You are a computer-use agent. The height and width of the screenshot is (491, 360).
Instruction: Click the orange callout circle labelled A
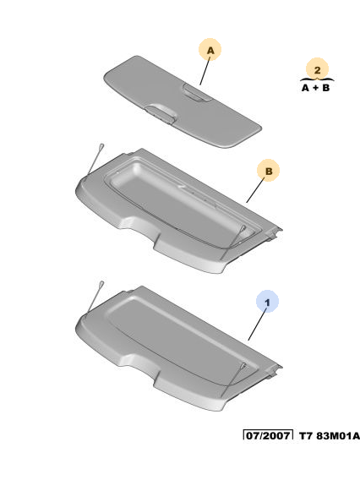coord(210,50)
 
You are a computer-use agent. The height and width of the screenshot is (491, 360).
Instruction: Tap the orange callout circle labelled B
coord(268,171)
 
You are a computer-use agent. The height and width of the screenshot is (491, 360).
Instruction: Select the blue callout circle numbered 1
coord(267,302)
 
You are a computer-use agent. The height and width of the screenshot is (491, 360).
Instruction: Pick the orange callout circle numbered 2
coord(317,69)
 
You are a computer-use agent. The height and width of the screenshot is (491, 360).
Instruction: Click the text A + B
coord(315,88)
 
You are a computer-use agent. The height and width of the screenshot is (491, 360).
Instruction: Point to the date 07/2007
coord(268,435)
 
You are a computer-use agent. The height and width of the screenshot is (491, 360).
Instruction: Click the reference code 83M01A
coord(338,435)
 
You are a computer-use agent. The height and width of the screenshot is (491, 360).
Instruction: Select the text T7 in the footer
coord(306,435)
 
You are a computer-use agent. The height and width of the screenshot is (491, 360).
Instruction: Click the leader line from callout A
coord(205,70)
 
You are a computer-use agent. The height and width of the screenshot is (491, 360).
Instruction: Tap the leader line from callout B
coord(255,190)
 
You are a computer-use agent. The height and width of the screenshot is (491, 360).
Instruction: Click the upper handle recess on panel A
coord(197,93)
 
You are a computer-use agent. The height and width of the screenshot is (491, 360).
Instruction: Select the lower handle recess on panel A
coord(161,113)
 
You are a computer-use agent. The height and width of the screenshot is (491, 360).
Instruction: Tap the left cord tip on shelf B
coord(101,146)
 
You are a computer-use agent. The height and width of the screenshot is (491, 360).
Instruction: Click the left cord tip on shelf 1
coord(101,284)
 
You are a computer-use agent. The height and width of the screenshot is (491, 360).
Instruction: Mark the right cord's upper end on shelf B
coord(243,227)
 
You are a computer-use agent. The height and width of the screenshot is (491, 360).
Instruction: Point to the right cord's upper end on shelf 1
coord(243,365)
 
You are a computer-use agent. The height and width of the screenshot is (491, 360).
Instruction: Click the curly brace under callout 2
coord(317,79)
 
